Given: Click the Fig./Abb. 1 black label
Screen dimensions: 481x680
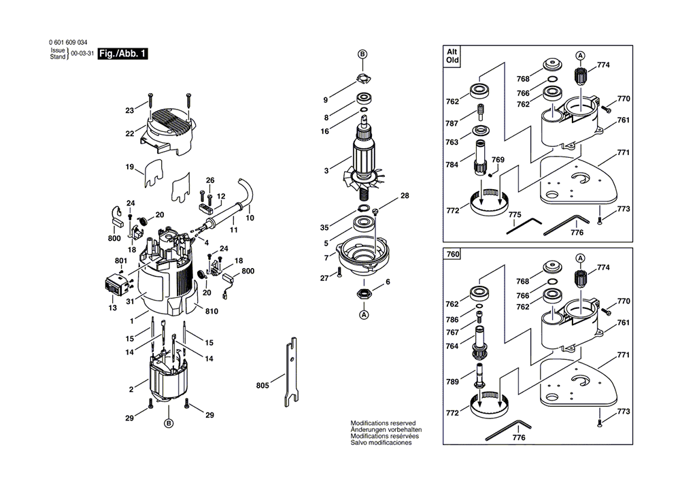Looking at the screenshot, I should click(x=122, y=53).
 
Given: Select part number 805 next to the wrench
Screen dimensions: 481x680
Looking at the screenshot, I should click(x=262, y=386).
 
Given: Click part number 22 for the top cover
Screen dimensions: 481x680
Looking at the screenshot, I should click(x=129, y=133).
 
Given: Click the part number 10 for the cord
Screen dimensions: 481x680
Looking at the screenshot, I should click(x=250, y=219).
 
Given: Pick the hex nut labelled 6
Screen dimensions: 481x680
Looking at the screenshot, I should click(x=364, y=295).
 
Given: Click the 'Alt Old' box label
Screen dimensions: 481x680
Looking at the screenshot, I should click(x=452, y=55).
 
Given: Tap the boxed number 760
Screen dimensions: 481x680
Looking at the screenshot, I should click(x=452, y=254).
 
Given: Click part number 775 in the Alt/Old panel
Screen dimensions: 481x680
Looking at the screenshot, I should click(x=515, y=215).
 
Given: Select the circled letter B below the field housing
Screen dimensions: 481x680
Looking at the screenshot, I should click(x=168, y=423).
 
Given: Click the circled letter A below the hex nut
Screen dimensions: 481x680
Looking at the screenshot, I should click(x=364, y=315).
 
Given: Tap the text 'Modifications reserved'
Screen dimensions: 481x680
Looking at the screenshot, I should click(x=383, y=423).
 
